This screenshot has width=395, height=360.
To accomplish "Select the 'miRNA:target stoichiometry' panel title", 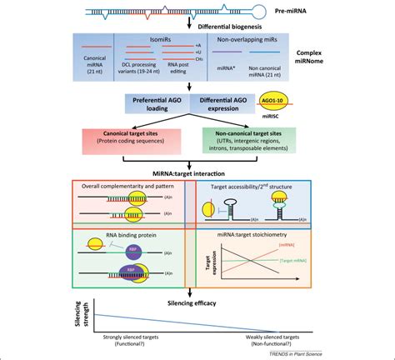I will coord(252,235).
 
